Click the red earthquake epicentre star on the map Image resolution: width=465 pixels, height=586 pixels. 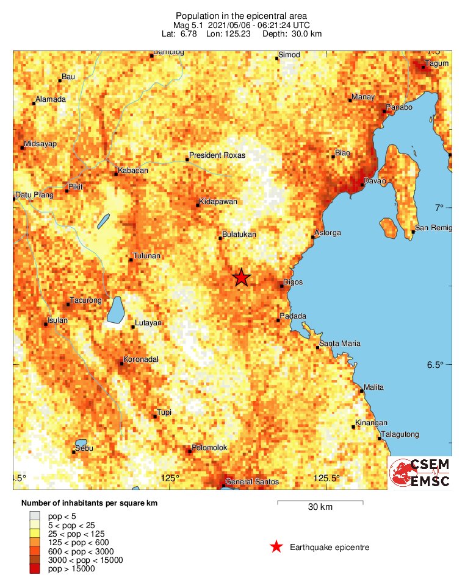(242, 277)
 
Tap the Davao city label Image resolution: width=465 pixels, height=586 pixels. (375, 181)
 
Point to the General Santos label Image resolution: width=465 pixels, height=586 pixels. (252, 482)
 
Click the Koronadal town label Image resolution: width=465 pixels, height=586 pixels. (141, 359)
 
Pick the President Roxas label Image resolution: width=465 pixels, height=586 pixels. (217, 155)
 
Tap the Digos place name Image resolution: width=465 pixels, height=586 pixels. (293, 283)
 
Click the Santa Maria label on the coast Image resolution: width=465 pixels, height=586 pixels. (340, 344)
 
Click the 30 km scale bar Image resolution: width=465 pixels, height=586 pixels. (320, 503)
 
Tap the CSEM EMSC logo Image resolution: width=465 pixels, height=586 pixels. (420, 473)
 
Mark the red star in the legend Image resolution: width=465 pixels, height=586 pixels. (276, 547)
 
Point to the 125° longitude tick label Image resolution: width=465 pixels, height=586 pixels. (170, 478)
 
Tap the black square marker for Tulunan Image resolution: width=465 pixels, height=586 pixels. (130, 260)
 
